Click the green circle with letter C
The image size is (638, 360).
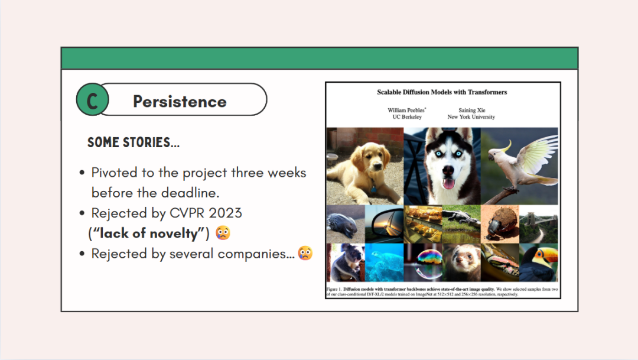[x=92, y=99]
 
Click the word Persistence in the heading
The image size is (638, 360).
[x=180, y=102]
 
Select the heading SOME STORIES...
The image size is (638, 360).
[x=134, y=142]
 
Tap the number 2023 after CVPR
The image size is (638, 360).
[x=226, y=213]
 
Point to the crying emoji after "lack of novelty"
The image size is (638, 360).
[x=223, y=232]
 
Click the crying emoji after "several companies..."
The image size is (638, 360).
[x=305, y=253]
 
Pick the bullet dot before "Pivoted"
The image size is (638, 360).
[x=82, y=173]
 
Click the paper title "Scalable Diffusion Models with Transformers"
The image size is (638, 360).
[x=442, y=92]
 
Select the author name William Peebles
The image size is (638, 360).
[x=406, y=110]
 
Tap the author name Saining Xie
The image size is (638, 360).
[x=471, y=110]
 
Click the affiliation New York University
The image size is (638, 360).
[x=471, y=117]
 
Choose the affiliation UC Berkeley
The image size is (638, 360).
[x=407, y=117]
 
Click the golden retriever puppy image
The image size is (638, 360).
[x=365, y=166]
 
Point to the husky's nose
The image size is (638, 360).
[x=448, y=170]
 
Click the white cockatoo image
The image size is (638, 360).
[x=520, y=166]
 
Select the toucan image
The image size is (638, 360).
[x=539, y=262]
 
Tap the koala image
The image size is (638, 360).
[x=346, y=262]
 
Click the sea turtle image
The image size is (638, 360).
[x=384, y=262]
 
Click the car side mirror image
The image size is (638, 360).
[x=384, y=225]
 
